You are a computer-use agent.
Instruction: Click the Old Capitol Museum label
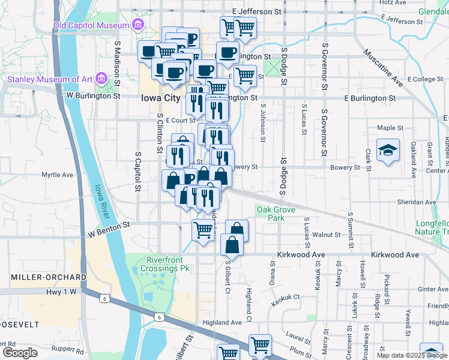click(91, 25)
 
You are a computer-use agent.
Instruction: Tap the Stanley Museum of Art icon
click(100, 79)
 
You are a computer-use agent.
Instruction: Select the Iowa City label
click(160, 98)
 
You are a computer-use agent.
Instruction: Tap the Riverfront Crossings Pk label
click(167, 264)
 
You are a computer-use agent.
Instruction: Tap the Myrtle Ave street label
click(57, 175)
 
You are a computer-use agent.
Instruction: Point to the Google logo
click(19, 353)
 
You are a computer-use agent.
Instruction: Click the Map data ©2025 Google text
click(411, 355)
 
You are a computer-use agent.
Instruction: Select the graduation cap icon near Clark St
click(388, 151)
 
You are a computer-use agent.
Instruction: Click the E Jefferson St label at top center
click(256, 11)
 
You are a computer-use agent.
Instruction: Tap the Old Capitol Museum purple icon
click(138, 25)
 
